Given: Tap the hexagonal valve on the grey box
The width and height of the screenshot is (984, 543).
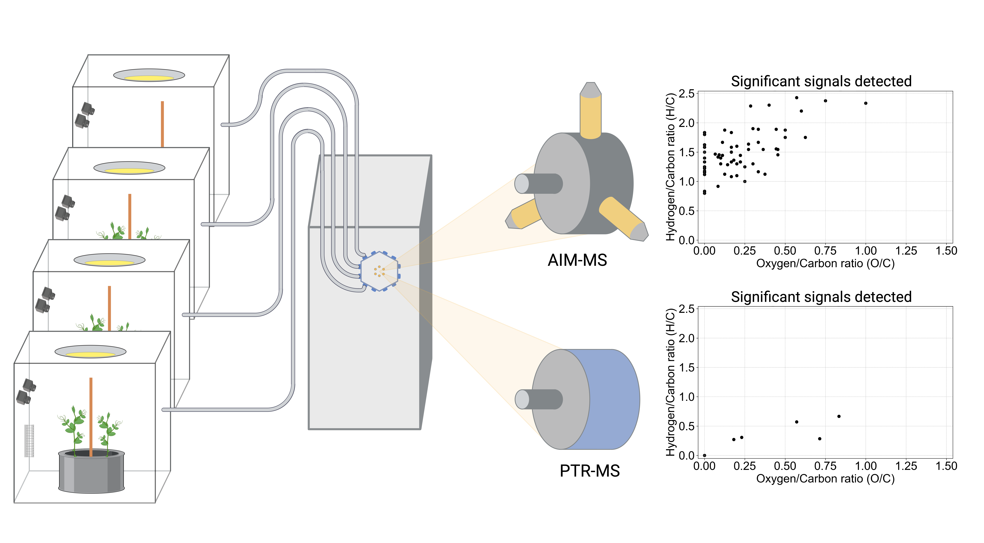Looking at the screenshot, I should (x=379, y=271).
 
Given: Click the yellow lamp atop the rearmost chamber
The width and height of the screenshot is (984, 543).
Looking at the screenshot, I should (x=149, y=78).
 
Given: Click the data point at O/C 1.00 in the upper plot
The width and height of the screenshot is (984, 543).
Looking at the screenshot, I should (x=866, y=103).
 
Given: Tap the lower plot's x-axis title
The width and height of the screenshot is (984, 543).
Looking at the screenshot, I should (x=825, y=479).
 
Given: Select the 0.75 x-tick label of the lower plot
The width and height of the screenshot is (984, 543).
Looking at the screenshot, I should (x=825, y=466).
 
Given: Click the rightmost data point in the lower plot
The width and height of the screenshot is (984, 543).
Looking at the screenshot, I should (x=839, y=416).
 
